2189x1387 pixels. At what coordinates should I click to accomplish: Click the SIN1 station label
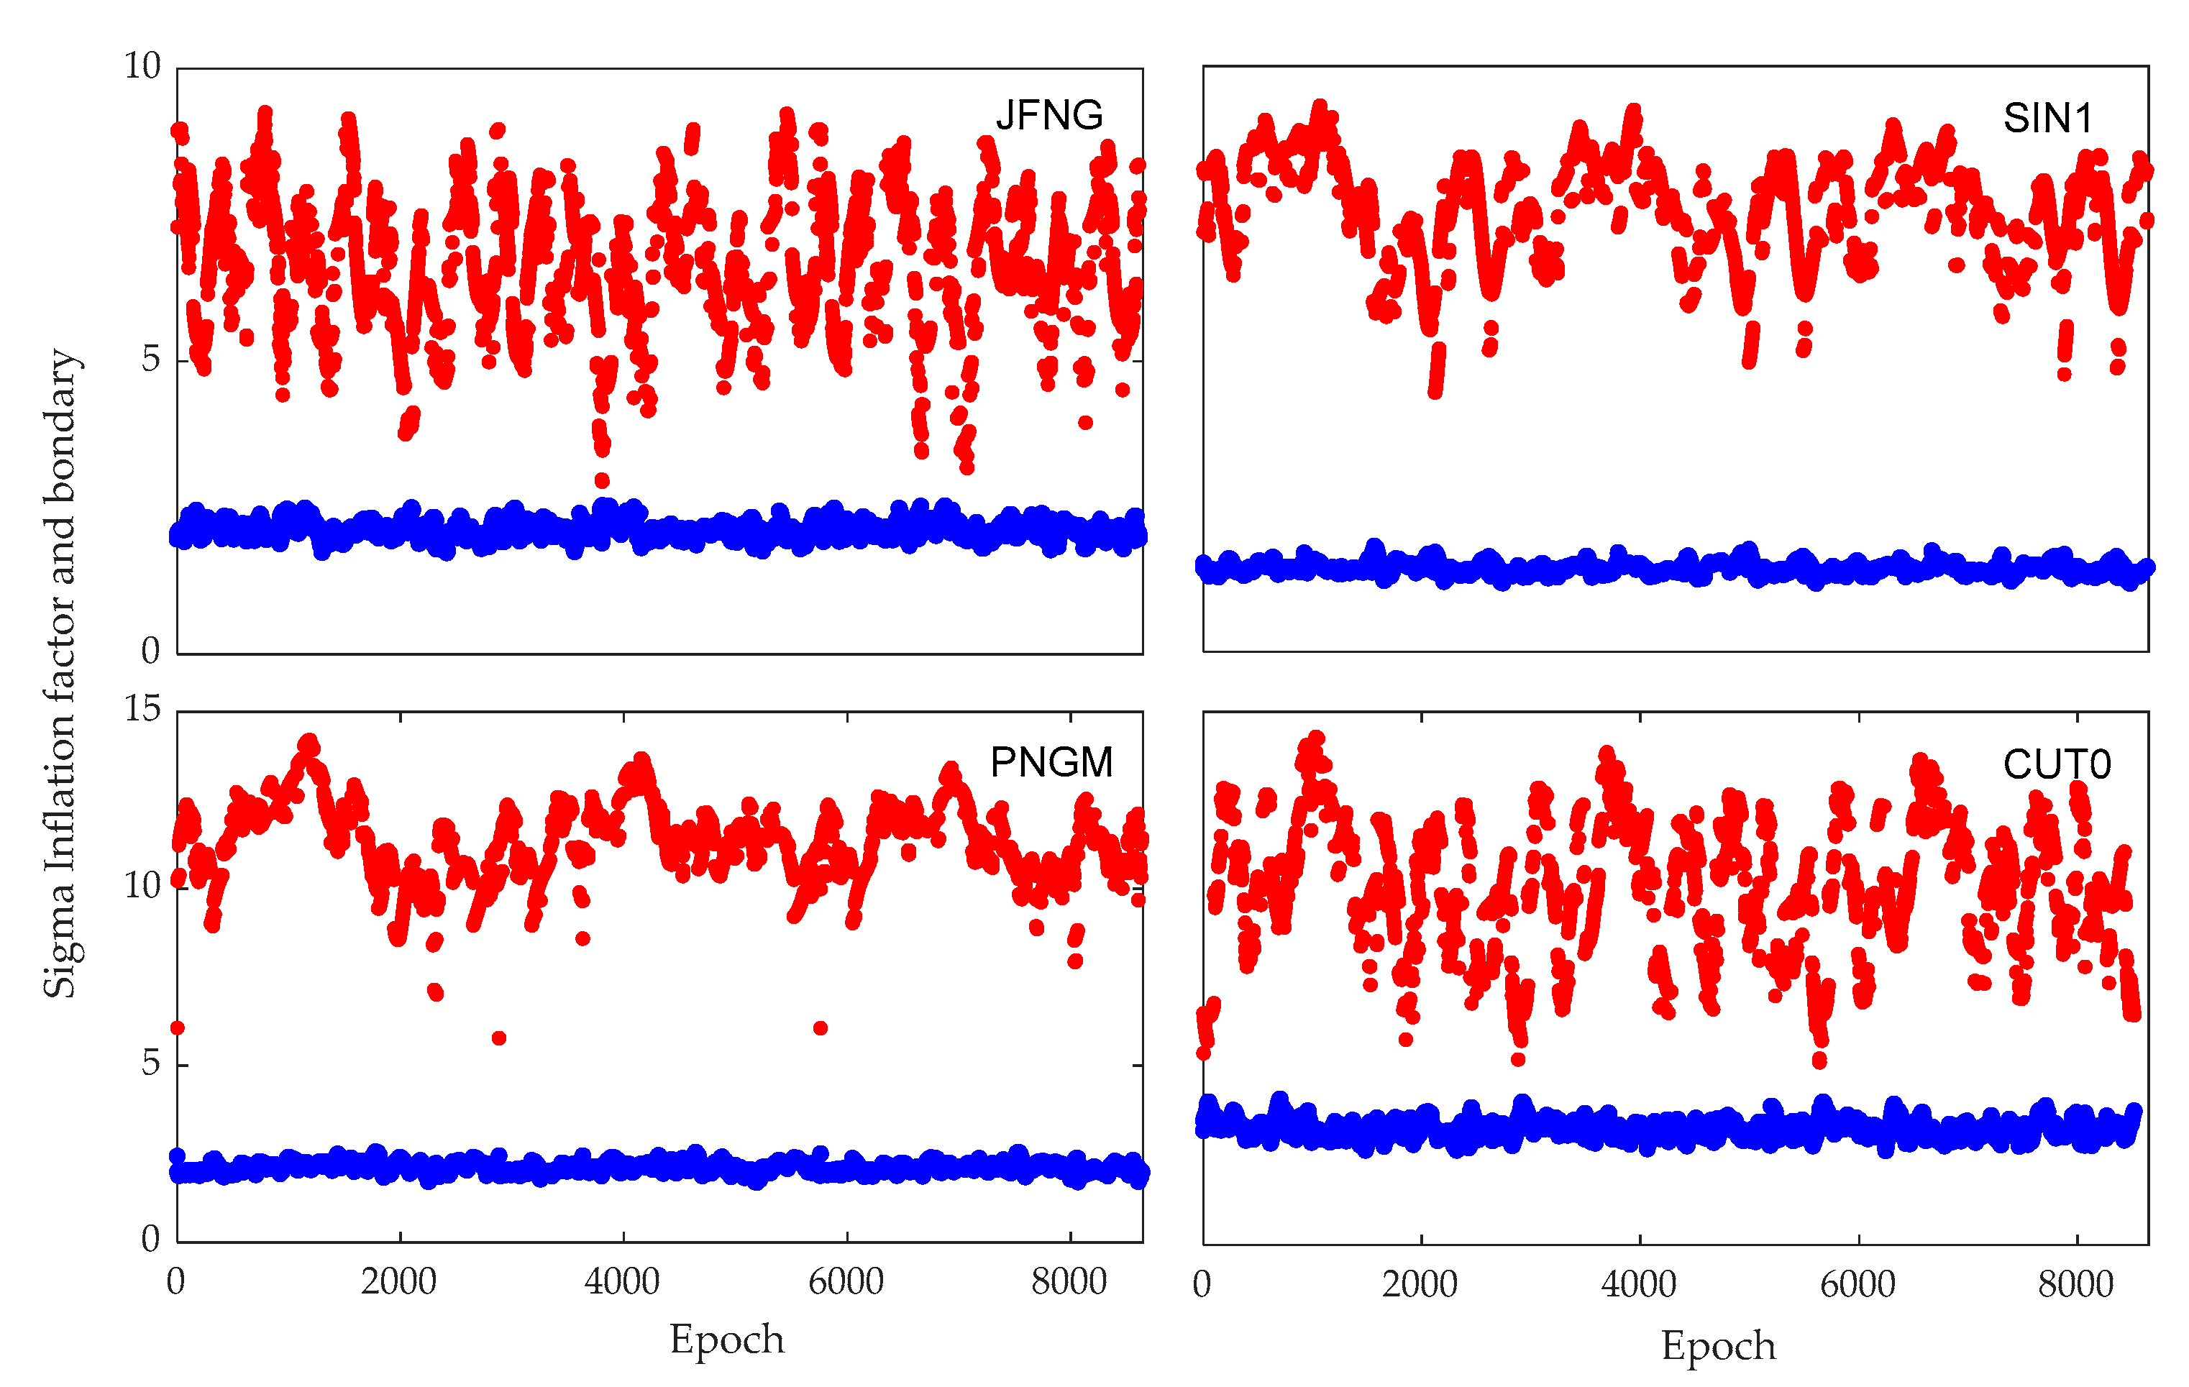[2047, 118]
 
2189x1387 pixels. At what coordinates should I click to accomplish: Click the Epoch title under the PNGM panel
[726, 1339]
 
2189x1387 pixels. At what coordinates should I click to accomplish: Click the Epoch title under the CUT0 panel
[1718, 1345]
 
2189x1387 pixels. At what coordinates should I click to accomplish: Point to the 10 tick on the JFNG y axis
[142, 66]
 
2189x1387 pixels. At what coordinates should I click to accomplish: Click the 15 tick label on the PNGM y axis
[142, 708]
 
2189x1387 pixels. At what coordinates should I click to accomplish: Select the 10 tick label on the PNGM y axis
[142, 884]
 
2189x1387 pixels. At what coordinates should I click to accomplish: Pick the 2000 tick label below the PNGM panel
[398, 1281]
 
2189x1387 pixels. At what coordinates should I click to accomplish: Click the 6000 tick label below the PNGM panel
[846, 1281]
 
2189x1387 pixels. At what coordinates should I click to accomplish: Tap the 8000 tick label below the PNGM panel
[1069, 1281]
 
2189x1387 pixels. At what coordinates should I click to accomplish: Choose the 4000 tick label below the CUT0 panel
[1638, 1284]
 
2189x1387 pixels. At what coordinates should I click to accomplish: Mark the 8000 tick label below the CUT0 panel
[2075, 1284]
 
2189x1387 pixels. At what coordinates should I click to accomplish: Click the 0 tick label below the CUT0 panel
[1202, 1284]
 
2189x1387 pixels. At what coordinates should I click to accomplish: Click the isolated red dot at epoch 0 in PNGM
[178, 1028]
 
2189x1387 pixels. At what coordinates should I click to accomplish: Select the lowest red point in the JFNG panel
[602, 480]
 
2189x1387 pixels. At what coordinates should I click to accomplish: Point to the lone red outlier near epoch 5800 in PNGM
[820, 1028]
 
